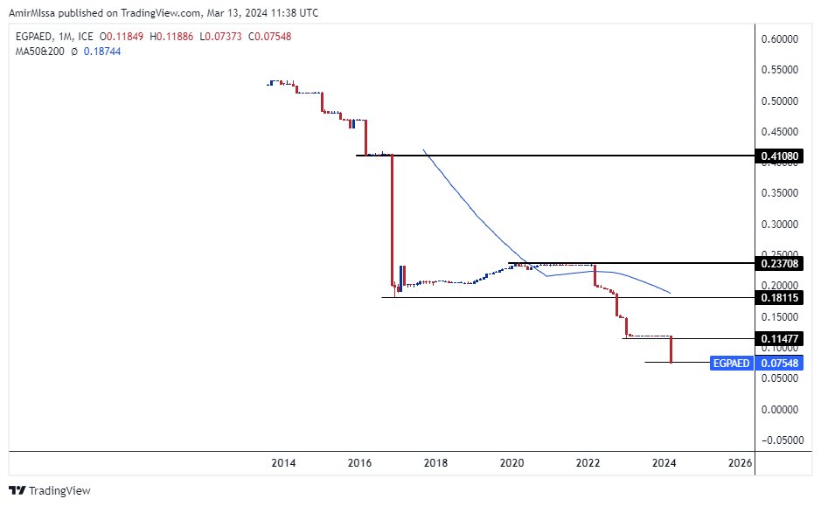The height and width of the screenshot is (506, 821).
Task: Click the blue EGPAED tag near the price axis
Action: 732,363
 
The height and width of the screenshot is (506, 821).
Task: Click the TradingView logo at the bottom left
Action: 50,491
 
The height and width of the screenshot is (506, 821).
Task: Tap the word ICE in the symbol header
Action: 86,37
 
